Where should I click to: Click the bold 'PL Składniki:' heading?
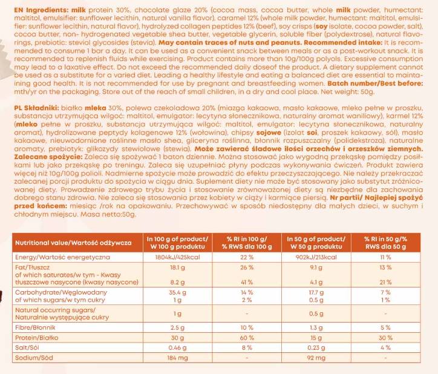click(36, 107)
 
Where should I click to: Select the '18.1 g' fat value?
click(177, 267)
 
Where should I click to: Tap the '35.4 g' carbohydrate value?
click(177, 292)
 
